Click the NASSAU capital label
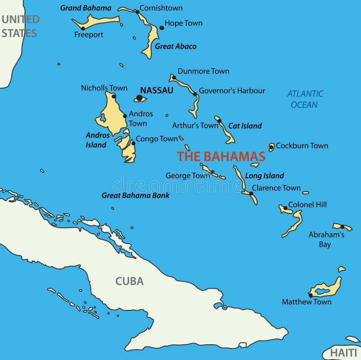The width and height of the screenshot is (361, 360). click(x=157, y=90)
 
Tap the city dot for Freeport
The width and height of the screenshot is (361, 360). click(x=83, y=28)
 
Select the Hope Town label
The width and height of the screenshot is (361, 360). click(x=183, y=23)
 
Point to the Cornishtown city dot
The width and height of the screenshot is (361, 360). click(x=137, y=12)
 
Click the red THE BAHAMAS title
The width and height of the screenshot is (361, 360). click(x=221, y=157)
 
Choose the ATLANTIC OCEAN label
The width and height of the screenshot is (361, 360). click(x=305, y=99)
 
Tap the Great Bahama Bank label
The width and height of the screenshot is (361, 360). click(x=135, y=195)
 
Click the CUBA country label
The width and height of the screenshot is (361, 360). click(x=130, y=281)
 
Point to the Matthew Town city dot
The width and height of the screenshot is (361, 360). click(x=310, y=295)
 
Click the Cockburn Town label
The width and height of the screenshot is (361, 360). click(x=302, y=146)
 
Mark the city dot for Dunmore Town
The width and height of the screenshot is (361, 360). click(x=174, y=77)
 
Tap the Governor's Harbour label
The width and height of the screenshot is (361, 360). click(x=232, y=91)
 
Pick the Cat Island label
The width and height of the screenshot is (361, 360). click(x=245, y=126)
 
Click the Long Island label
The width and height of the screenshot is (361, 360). click(x=264, y=175)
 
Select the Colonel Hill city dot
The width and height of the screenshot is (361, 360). click(x=285, y=208)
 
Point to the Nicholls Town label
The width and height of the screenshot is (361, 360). click(x=104, y=88)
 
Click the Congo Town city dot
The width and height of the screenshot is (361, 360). click(x=133, y=143)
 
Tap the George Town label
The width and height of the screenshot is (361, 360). click(x=187, y=175)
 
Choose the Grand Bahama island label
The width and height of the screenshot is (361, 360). click(x=86, y=8)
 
